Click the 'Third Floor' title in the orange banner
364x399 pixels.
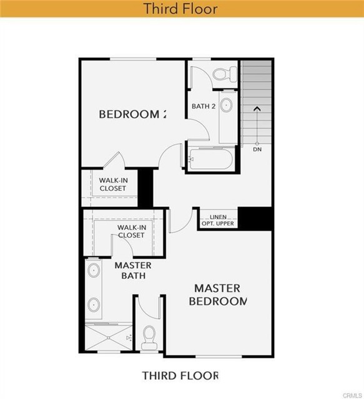[x=181, y=9]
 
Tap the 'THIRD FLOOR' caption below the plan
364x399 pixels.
[x=180, y=375]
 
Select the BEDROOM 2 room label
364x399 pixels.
[x=133, y=114]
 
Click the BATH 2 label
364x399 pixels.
[x=204, y=106]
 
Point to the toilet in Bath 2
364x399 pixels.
[x=223, y=74]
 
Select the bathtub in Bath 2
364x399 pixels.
[x=210, y=159]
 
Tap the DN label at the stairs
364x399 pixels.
[x=257, y=150]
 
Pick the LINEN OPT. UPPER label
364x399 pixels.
[x=219, y=220]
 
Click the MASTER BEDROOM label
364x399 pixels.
[x=217, y=294]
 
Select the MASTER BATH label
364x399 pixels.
[x=132, y=270]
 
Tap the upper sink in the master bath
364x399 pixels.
[x=94, y=271]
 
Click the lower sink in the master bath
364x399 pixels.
[x=94, y=305]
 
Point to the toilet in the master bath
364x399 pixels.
[x=149, y=339]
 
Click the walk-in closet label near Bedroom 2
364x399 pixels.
[x=112, y=184]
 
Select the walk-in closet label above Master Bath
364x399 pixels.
[x=131, y=231]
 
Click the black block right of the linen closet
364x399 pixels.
[x=256, y=218]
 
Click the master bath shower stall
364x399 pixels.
[x=108, y=337]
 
